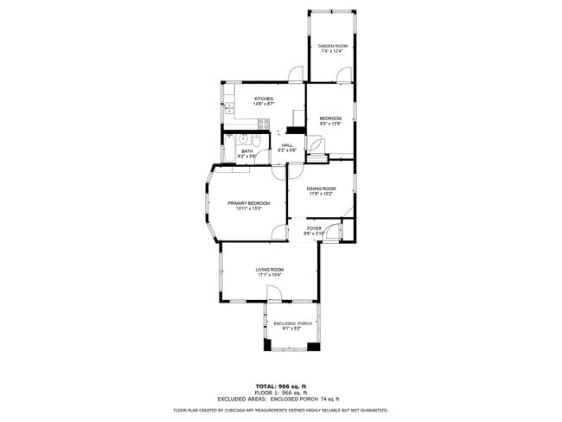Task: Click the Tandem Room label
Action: pyautogui.click(x=332, y=45)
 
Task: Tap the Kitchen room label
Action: pyautogui.click(x=264, y=99)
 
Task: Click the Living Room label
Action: pyautogui.click(x=269, y=270)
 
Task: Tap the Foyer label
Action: pyautogui.click(x=314, y=228)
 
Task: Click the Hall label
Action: pyautogui.click(x=287, y=144)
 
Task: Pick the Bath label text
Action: pyautogui.click(x=247, y=151)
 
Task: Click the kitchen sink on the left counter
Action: pyautogui.click(x=227, y=109)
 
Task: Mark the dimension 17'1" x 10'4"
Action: pyautogui.click(x=269, y=276)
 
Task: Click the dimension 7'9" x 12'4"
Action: pyautogui.click(x=332, y=51)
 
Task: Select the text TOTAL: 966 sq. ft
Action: pyautogui.click(x=280, y=386)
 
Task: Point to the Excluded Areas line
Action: pyautogui.click(x=280, y=398)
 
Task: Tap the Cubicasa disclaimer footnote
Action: pyautogui.click(x=280, y=410)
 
